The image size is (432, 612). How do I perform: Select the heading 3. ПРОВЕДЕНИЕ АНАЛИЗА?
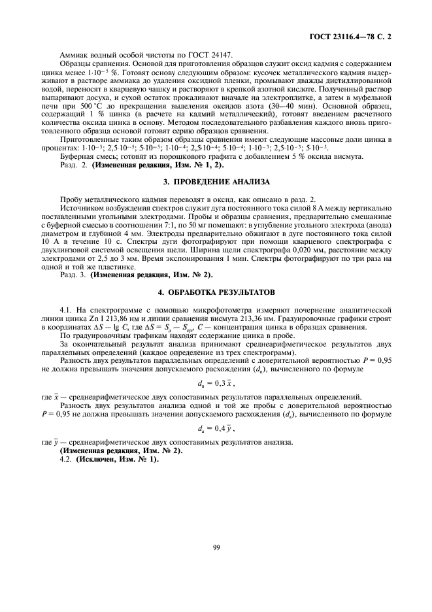tap(216, 180)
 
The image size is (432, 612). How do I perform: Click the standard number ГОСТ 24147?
tap(211, 55)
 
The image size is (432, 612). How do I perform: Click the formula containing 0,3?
tap(215, 382)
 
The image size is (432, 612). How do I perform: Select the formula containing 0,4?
tap(215, 428)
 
